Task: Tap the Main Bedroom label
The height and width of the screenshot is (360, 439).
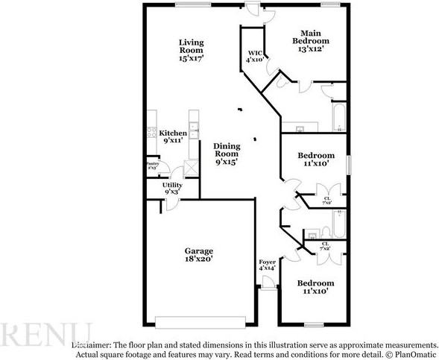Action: pos(315,37)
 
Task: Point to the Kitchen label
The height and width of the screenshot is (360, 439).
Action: pos(172,133)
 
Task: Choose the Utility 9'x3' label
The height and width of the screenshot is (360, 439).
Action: pos(172,188)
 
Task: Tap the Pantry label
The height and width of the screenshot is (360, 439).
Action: pos(151,165)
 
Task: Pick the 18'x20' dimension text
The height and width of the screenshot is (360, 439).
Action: pos(199,260)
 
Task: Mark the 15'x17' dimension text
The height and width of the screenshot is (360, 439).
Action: pos(192,57)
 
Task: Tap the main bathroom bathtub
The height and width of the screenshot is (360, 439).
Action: pos(339,117)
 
